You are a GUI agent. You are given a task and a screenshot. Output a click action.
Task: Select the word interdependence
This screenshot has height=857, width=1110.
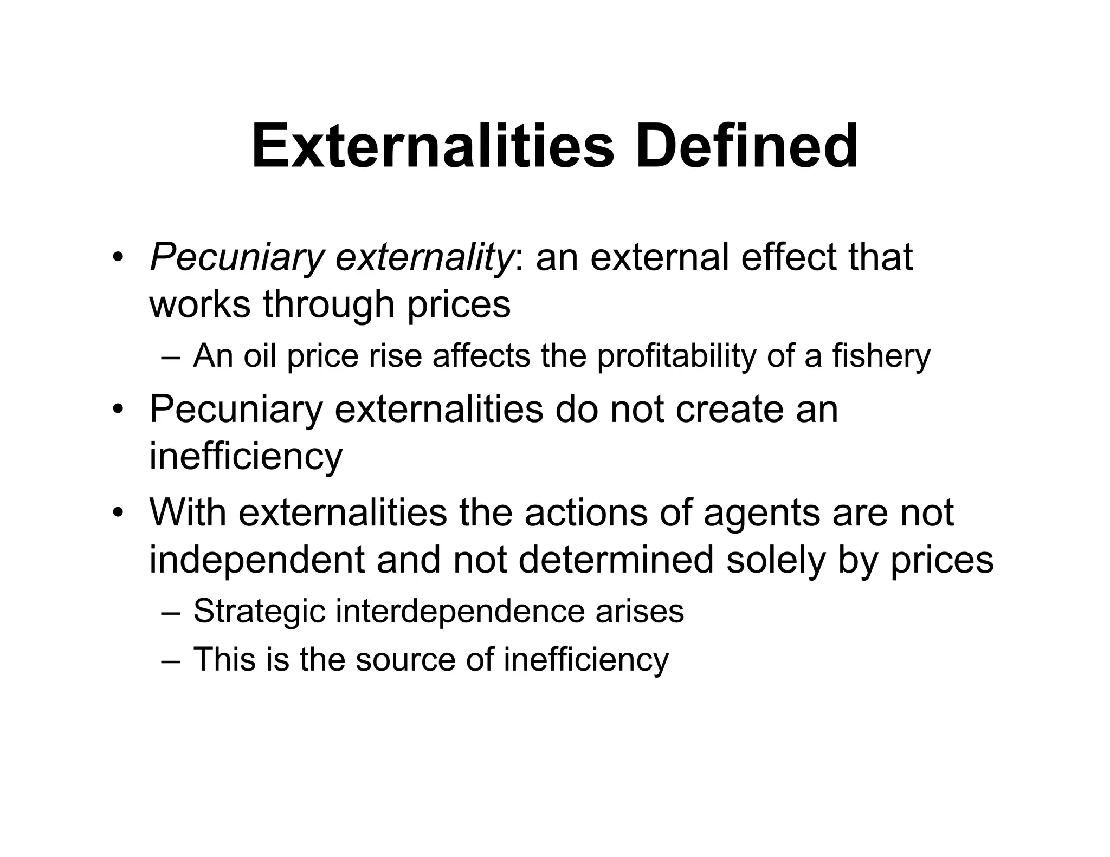[460, 611]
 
